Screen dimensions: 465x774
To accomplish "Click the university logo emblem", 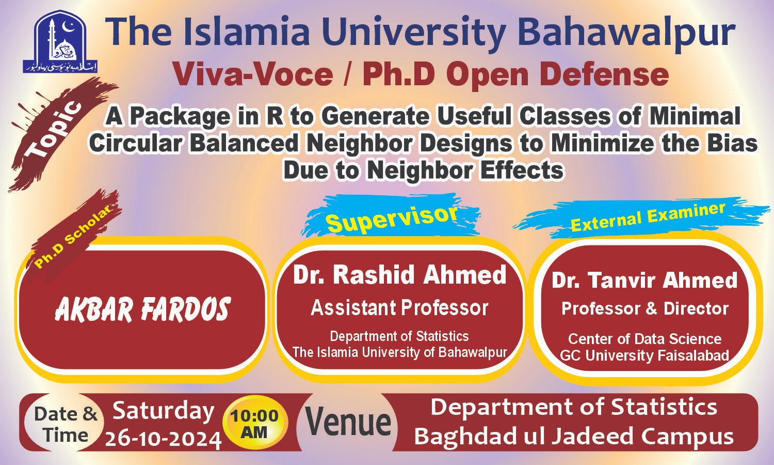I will click(60, 42).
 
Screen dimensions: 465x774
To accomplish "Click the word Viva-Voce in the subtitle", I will click(253, 74).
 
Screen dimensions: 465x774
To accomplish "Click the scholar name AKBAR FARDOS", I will click(142, 310).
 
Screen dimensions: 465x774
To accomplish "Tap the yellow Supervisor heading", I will click(392, 218).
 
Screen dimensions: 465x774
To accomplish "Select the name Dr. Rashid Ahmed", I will click(400, 275).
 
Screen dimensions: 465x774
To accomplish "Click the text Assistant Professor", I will click(400, 308).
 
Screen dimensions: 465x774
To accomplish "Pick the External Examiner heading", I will click(648, 217).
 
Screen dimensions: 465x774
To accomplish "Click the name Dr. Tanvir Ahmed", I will click(645, 281).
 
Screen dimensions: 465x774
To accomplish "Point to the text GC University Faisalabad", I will click(645, 355).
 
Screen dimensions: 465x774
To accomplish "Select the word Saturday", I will click(163, 411).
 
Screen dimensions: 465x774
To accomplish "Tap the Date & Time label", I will click(66, 424).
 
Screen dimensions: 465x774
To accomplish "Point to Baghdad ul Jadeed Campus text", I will click(574, 437).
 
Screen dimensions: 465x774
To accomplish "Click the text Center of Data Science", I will click(645, 339).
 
